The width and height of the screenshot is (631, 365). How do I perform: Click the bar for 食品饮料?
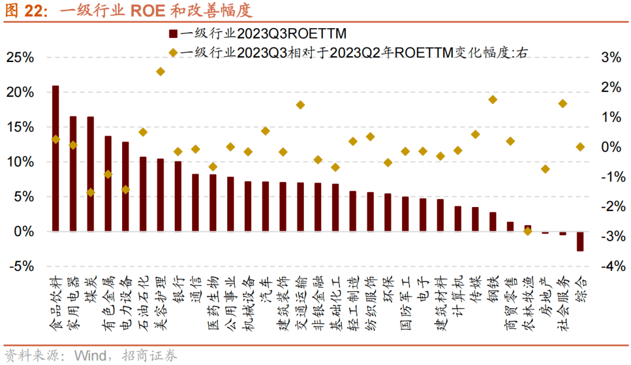pos(56,159)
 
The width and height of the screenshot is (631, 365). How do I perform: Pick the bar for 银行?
pos(178,197)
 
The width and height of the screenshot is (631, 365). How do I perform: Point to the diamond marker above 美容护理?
pos(161,71)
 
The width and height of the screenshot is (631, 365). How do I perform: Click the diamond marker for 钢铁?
pos(493,99)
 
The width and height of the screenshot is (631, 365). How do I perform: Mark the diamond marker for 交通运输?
pos(300,105)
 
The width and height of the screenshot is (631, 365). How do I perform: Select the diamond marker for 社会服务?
pos(563,104)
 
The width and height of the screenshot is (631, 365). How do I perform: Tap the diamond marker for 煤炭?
pos(91,192)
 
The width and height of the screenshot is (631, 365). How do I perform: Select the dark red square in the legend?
pos(173,33)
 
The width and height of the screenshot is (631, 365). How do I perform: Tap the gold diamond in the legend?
pos(173,53)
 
